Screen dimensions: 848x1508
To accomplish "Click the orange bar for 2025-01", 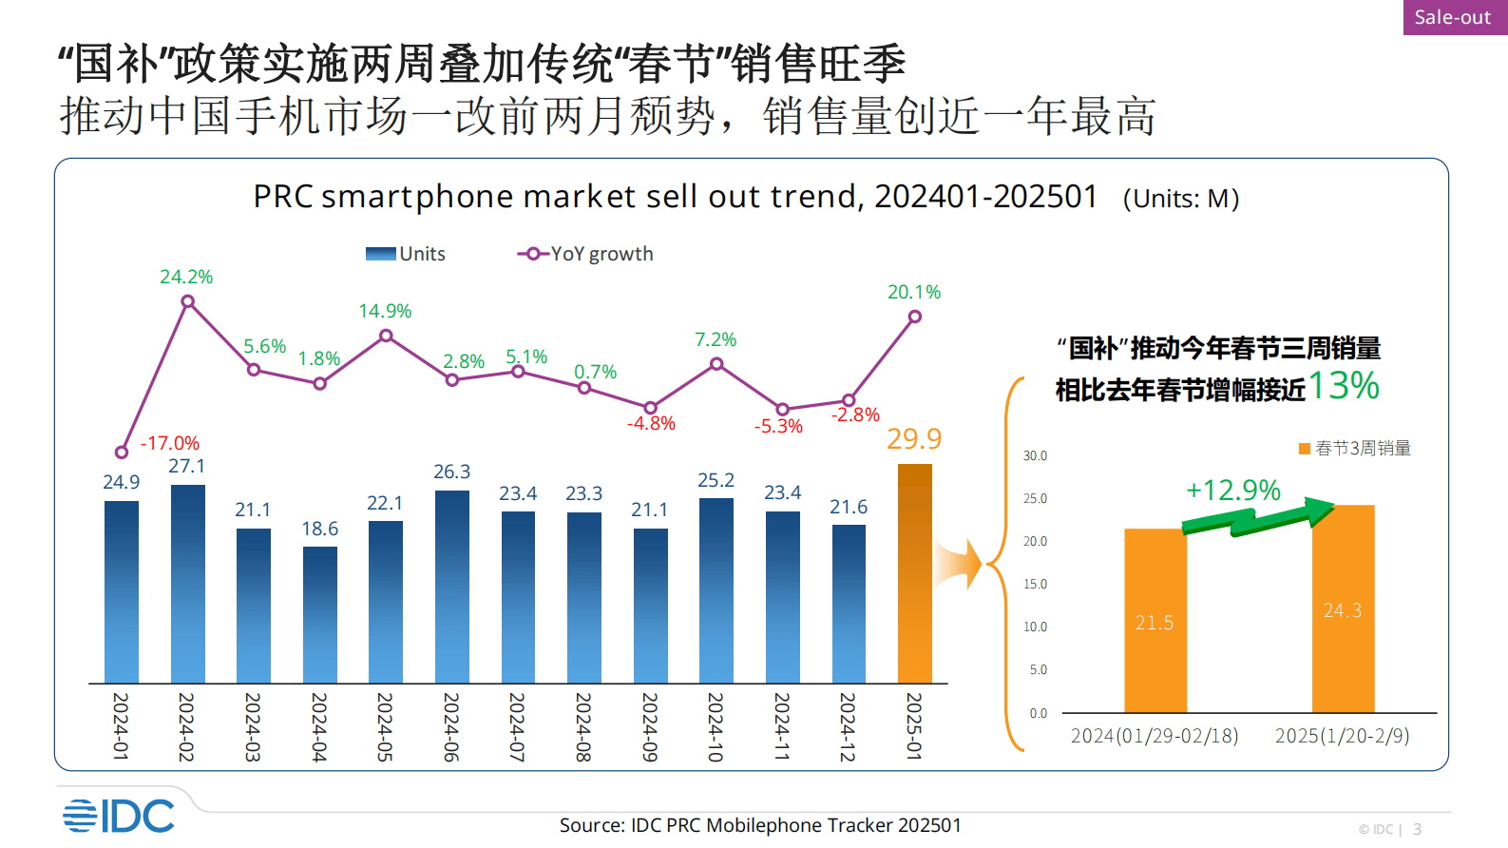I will pyautogui.click(x=914, y=573).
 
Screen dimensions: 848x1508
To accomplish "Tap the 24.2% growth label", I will pyautogui.click(x=186, y=277).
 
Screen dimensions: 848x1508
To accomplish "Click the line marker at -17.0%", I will pyautogui.click(x=122, y=453).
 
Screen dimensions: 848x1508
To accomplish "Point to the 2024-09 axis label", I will pyautogui.click(x=650, y=726).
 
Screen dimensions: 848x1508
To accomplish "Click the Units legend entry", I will pyautogui.click(x=407, y=254).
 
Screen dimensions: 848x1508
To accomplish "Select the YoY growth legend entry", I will pyautogui.click(x=586, y=254).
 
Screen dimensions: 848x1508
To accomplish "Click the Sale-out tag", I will pyautogui.click(x=1453, y=17).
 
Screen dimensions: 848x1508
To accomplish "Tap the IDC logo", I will pyautogui.click(x=119, y=816).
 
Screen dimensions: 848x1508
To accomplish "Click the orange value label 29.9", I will pyautogui.click(x=914, y=438).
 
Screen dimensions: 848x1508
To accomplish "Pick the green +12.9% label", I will pyautogui.click(x=1233, y=490).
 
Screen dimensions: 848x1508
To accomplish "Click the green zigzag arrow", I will pyautogui.click(x=1256, y=518).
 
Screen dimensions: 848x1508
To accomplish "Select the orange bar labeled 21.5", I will pyautogui.click(x=1155, y=621).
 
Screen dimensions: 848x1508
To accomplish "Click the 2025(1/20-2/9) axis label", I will pyautogui.click(x=1342, y=736).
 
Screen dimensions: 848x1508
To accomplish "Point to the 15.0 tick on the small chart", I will pyautogui.click(x=1035, y=584).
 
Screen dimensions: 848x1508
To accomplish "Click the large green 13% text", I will pyautogui.click(x=1344, y=386).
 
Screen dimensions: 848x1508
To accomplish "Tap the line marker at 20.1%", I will pyautogui.click(x=914, y=318).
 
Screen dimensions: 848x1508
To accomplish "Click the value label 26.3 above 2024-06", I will pyautogui.click(x=452, y=472).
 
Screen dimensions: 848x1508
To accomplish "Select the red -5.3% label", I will pyautogui.click(x=778, y=426).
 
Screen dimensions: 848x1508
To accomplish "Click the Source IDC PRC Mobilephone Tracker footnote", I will pyautogui.click(x=760, y=825).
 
